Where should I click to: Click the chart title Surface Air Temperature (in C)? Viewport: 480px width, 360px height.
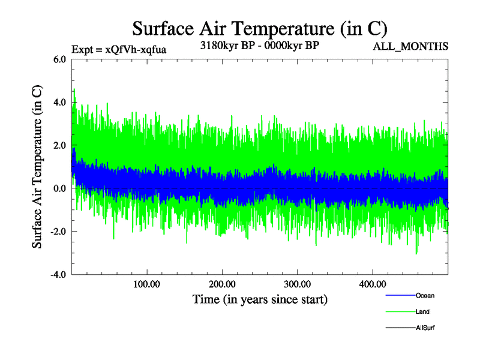click(x=260, y=28)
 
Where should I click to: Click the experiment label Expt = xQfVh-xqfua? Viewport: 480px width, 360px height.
click(x=118, y=49)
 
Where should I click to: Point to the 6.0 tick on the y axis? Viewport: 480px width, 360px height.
click(x=59, y=59)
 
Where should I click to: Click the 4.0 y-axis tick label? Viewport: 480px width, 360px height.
click(x=59, y=103)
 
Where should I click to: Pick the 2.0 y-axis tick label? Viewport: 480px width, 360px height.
click(x=59, y=146)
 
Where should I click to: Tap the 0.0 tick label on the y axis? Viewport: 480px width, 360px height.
click(x=59, y=189)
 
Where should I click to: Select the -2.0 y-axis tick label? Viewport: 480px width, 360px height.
click(x=58, y=232)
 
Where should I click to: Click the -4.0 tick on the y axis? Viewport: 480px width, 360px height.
click(x=58, y=275)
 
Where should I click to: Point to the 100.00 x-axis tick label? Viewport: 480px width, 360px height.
click(x=146, y=284)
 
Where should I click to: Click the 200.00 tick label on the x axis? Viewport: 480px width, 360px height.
click(x=222, y=284)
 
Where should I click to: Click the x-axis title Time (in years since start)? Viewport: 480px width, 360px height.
click(x=260, y=299)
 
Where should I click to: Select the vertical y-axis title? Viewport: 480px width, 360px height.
click(x=37, y=167)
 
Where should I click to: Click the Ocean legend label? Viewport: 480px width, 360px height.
click(x=425, y=296)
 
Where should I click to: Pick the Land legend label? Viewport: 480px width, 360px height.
click(x=422, y=312)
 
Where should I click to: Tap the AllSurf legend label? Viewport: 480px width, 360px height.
click(x=425, y=328)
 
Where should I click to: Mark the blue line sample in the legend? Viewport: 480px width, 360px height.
click(x=399, y=296)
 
